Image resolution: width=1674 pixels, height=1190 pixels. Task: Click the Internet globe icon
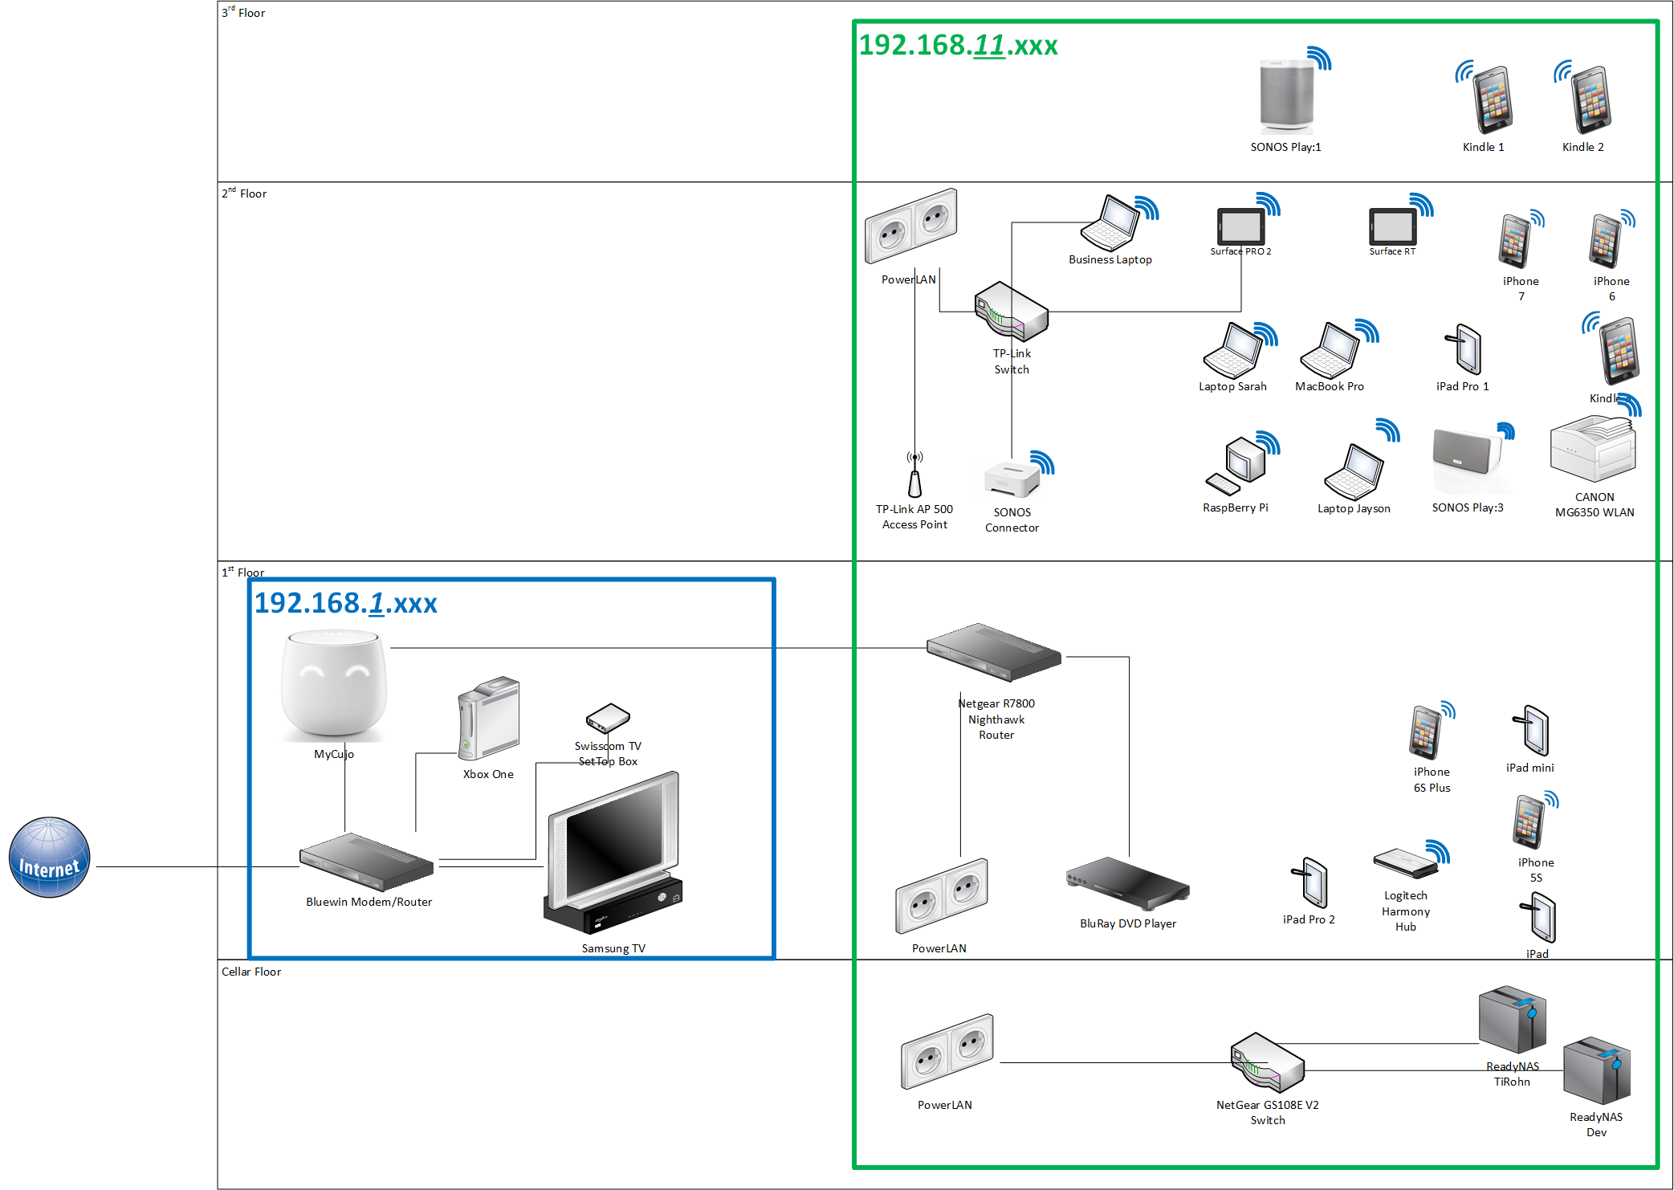tap(49, 857)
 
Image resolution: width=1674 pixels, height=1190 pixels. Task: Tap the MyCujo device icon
tap(334, 684)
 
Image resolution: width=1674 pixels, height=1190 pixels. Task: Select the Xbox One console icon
tap(488, 718)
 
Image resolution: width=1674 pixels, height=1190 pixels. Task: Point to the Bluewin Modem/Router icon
tap(366, 862)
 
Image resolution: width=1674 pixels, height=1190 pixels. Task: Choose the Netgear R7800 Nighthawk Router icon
tap(994, 651)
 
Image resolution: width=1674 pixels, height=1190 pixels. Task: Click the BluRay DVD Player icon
tap(1127, 882)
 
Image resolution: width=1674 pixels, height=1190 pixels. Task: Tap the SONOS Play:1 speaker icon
tap(1286, 95)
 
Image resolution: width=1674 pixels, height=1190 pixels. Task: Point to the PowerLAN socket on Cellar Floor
tap(947, 1052)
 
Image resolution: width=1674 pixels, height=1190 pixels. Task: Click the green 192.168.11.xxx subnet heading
tap(958, 45)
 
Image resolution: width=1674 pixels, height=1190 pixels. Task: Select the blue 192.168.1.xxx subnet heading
tap(345, 603)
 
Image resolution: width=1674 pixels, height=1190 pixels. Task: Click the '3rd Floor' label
tap(243, 12)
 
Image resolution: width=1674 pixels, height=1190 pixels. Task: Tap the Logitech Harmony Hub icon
tap(1405, 863)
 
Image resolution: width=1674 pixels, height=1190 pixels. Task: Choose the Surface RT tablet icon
tap(1393, 226)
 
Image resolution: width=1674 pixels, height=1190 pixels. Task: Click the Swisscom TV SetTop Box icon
tap(608, 719)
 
